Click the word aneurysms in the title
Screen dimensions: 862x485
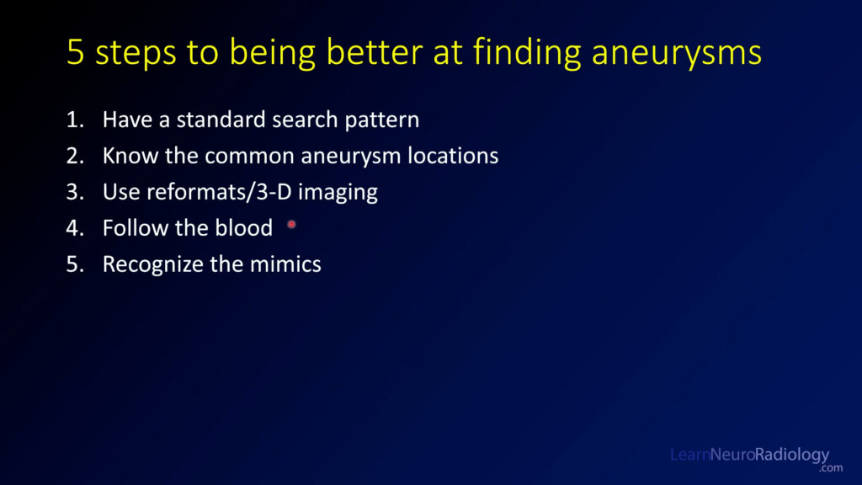point(677,53)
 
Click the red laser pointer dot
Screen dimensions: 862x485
point(291,224)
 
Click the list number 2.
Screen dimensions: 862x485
point(75,156)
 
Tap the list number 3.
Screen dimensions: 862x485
point(75,193)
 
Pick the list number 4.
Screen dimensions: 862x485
point(75,228)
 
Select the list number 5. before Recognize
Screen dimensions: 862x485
point(75,264)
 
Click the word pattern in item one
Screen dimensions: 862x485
point(382,120)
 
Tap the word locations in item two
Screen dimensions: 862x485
point(453,156)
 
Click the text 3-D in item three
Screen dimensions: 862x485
point(274,192)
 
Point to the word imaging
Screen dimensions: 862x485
point(338,194)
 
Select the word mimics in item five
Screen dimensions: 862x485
point(285,264)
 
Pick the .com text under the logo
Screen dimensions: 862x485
point(831,468)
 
